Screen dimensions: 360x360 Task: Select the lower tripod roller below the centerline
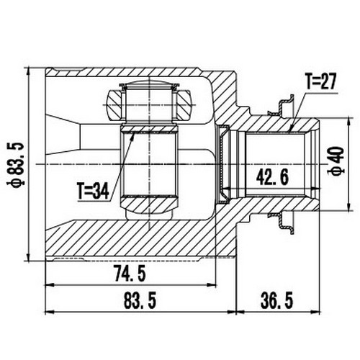click(x=149, y=209)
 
